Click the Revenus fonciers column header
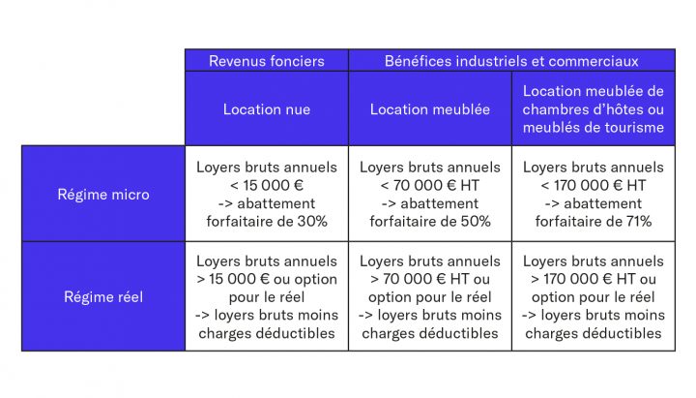tap(267, 61)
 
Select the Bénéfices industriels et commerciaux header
tap(511, 61)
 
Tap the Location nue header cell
tap(267, 109)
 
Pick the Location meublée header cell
tap(430, 109)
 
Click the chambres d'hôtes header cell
tap(594, 109)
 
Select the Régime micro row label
tap(102, 194)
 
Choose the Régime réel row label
tap(102, 296)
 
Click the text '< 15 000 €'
tap(267, 185)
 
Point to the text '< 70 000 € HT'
tap(430, 185)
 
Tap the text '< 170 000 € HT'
tap(594, 185)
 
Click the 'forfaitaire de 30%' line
tap(267, 222)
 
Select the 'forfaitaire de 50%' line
tap(430, 222)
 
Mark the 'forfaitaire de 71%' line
tap(594, 222)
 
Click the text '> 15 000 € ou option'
tap(267, 279)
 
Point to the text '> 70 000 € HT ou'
tap(430, 279)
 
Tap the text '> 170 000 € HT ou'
tap(594, 279)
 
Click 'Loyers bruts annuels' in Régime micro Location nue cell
tap(267, 167)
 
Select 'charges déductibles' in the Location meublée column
tap(430, 334)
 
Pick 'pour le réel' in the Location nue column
tap(267, 297)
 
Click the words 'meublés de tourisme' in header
tap(594, 128)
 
